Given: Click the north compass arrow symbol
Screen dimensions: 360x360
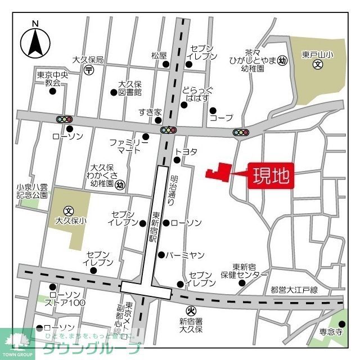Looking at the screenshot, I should coord(35,41).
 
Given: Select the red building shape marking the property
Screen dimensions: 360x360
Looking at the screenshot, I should coord(220,172).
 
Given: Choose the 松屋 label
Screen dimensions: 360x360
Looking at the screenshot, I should coord(159,55).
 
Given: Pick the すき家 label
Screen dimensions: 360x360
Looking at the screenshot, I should coord(150,112).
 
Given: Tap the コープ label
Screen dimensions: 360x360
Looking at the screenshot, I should coord(221,118).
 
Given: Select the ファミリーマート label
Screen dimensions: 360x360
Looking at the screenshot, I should coord(129,146).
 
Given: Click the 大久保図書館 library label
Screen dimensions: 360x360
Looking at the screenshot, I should coord(129,88).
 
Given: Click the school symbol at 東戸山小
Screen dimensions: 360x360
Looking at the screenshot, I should coord(317,65).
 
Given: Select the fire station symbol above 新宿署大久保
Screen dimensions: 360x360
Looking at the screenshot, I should coord(190,310).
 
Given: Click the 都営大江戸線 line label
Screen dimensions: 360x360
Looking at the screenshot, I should coord(294,290).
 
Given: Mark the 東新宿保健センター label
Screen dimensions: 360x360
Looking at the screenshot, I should coord(250,271).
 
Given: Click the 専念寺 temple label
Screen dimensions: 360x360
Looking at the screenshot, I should coord(332,332).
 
